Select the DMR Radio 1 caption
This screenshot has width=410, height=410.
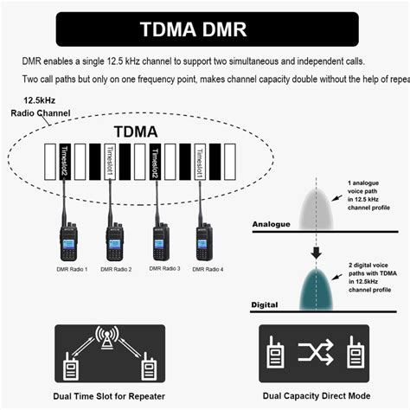[69, 270]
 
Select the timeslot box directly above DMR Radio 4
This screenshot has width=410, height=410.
[201, 162]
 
